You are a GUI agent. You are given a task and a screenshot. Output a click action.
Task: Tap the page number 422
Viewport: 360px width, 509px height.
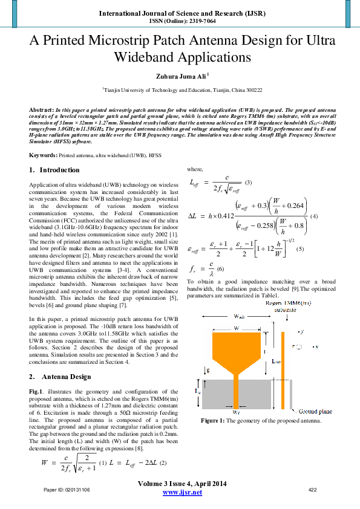pos(313,489)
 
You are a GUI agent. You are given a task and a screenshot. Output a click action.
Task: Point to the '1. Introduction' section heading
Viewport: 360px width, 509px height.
pos(54,170)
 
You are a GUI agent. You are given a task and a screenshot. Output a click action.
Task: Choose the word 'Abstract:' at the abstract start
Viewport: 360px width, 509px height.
pos(42,111)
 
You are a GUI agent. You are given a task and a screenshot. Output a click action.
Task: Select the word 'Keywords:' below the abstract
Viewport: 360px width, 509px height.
pos(44,155)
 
